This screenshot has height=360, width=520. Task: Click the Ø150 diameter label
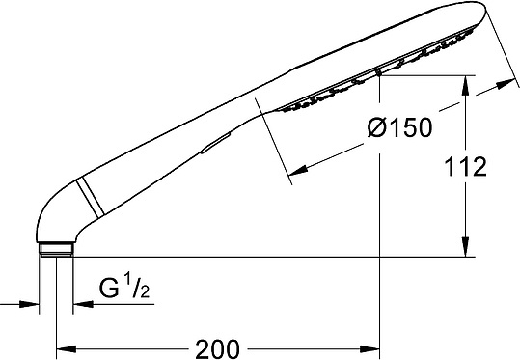pos(400,127)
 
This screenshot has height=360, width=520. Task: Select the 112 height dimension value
pos(465,167)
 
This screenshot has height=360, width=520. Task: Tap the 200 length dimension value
pos(217,349)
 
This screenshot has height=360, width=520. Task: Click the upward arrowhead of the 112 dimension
pos(466,85)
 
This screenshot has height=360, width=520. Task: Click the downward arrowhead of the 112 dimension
pos(466,247)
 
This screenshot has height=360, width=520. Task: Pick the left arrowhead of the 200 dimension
pos(67,349)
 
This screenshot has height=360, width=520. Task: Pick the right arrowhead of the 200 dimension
pos(369,349)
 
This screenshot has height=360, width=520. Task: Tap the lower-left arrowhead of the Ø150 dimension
pos(297,171)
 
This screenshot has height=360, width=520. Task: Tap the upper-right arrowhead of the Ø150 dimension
pos(506,84)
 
